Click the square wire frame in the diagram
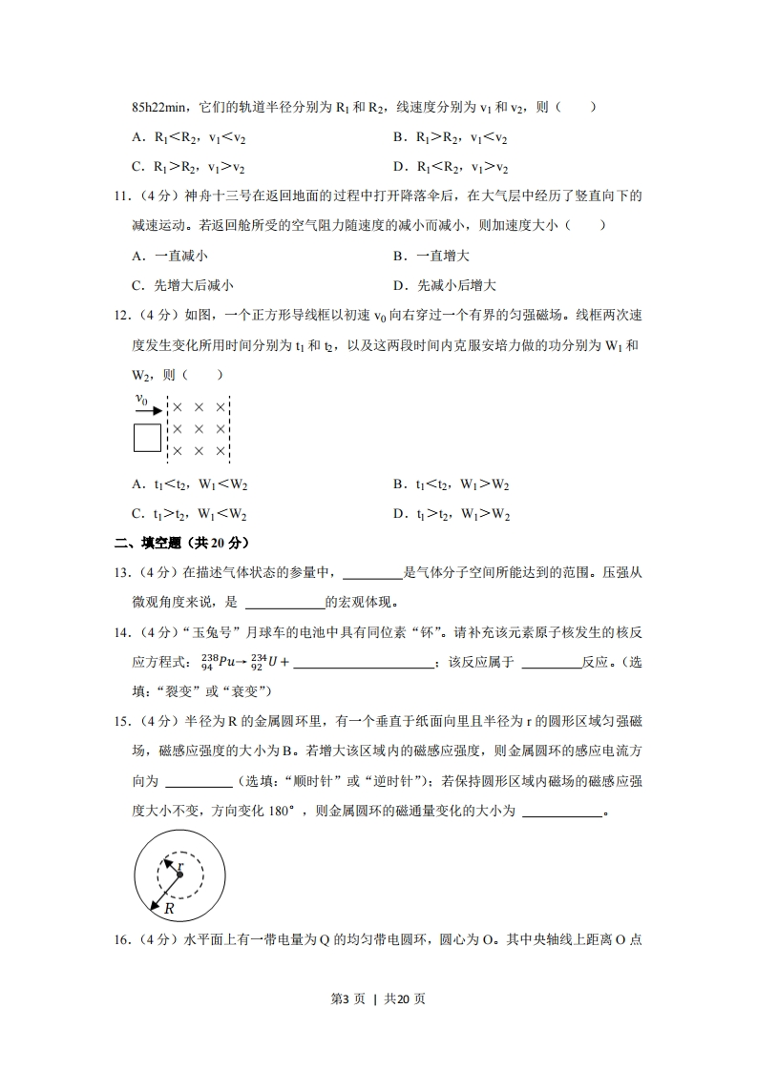click(147, 438)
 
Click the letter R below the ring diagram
click(169, 908)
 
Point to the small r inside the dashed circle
click(181, 866)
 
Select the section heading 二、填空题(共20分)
click(181, 543)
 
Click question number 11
click(121, 196)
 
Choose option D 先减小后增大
click(445, 285)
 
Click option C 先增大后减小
click(183, 285)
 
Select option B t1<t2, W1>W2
click(452, 484)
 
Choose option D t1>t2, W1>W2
click(452, 515)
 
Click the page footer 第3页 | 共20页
click(378, 998)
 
